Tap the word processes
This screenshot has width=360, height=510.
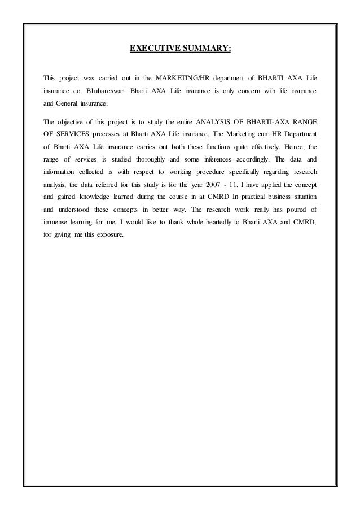tap(117, 136)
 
